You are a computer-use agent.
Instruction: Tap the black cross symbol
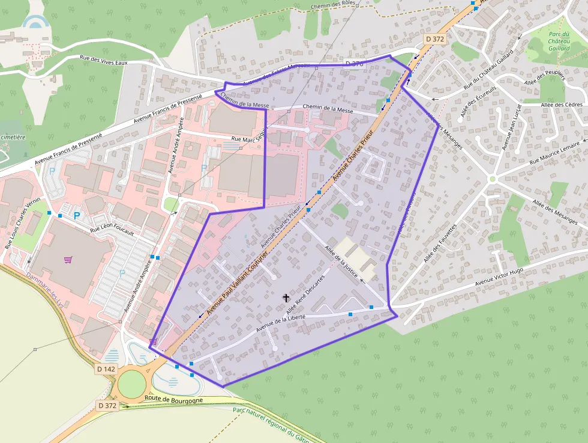(x=286, y=297)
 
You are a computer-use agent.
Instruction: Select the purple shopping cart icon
(x=68, y=260)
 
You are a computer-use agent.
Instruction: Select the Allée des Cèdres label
(x=562, y=105)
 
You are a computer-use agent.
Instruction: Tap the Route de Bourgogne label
(x=173, y=399)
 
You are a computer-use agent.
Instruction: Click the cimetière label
(x=13, y=136)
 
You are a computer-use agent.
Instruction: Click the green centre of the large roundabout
(x=133, y=384)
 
